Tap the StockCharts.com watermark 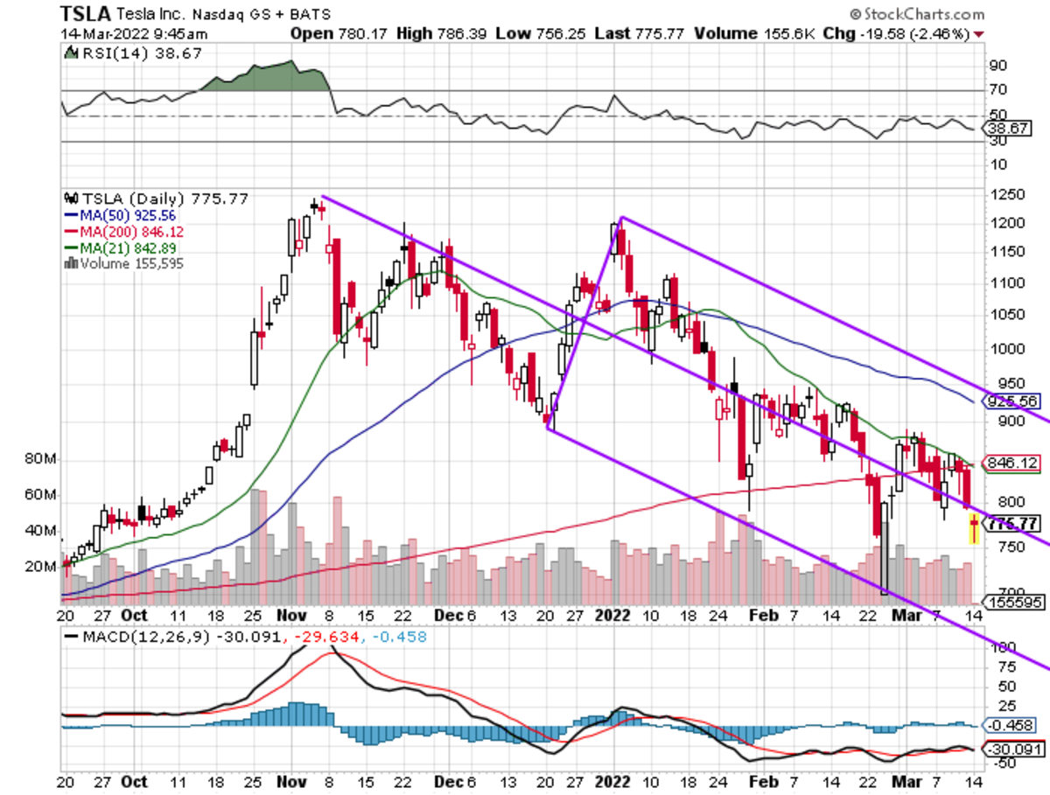(x=916, y=14)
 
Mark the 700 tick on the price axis (x=997, y=592)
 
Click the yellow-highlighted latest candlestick (x=974, y=529)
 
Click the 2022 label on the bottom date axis (x=611, y=616)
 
